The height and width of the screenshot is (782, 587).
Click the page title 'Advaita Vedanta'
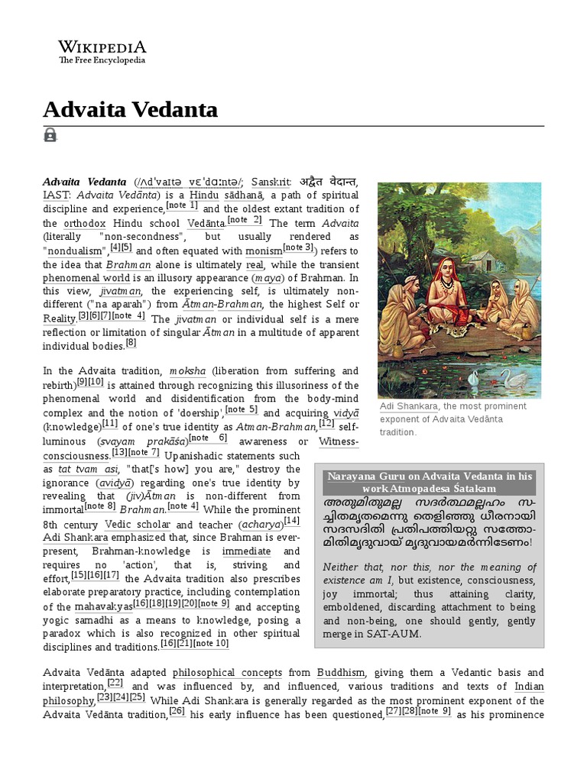click(x=130, y=110)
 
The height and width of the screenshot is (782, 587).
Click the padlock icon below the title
click(x=50, y=135)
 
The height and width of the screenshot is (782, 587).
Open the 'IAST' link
click(x=55, y=195)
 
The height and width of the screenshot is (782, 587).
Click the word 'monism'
click(x=264, y=250)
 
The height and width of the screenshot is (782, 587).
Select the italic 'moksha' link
click(x=187, y=371)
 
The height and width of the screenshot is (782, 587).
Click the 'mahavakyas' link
click(x=102, y=607)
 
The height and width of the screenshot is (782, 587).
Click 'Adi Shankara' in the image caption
click(x=407, y=406)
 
